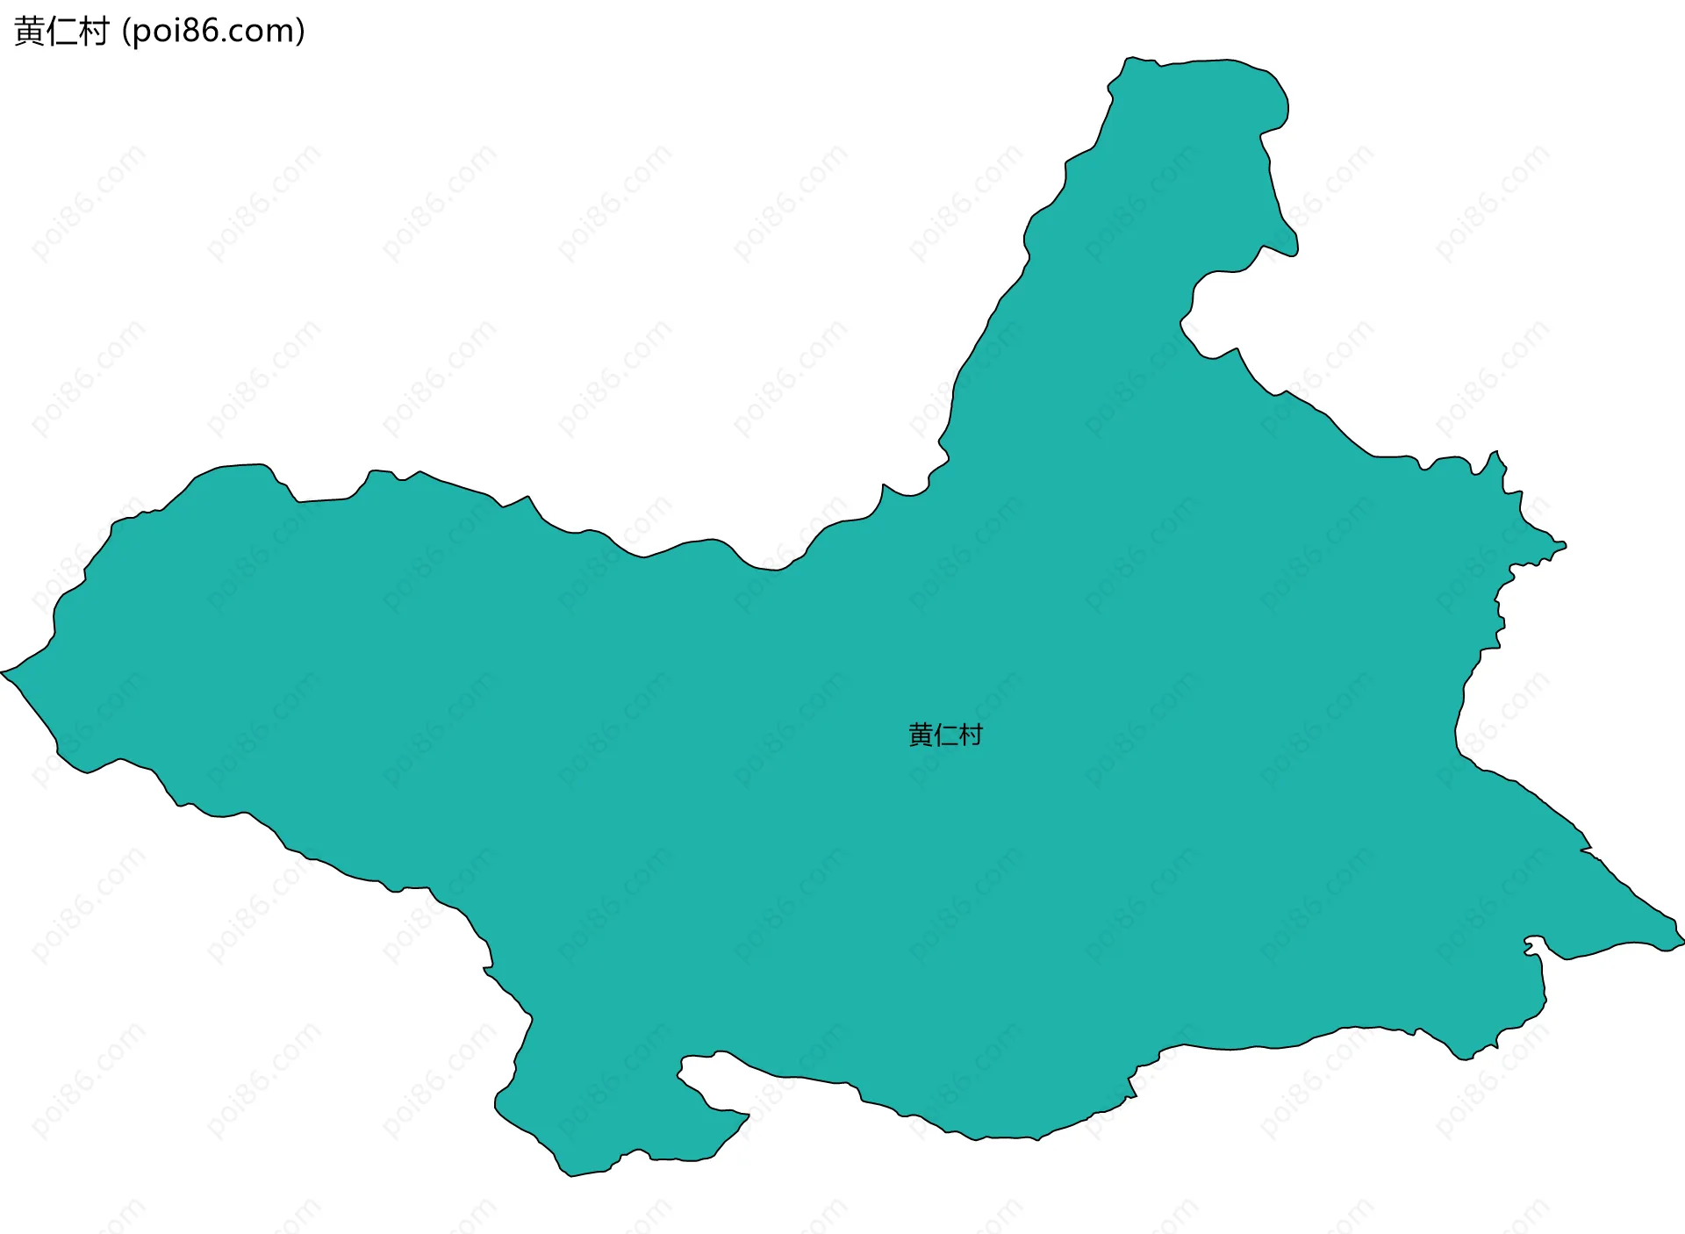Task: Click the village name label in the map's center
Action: click(x=945, y=735)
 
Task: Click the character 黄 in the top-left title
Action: click(x=30, y=32)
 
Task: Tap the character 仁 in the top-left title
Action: click(x=61, y=32)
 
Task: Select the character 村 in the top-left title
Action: click(x=93, y=32)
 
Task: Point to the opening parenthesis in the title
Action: click(x=125, y=32)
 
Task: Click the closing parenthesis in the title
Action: click(x=301, y=32)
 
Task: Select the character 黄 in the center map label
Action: click(x=921, y=735)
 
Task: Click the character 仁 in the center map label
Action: click(x=945, y=735)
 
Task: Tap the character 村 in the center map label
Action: click(x=971, y=735)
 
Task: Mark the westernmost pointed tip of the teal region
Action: click(x=3, y=672)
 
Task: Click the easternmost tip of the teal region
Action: click(x=1681, y=941)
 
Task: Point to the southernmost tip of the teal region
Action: click(x=570, y=1175)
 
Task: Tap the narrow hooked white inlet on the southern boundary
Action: click(x=698, y=1075)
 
